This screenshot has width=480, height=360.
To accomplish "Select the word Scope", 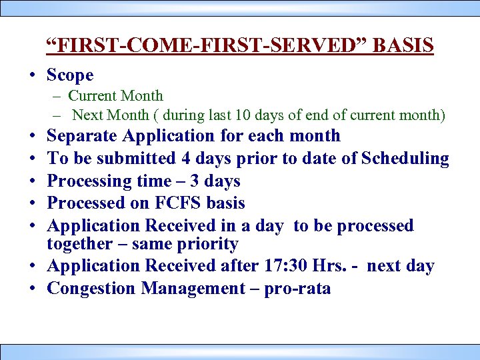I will (x=70, y=75).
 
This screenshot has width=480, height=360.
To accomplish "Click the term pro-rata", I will (x=298, y=289).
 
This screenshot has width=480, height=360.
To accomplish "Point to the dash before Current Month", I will (x=59, y=97).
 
